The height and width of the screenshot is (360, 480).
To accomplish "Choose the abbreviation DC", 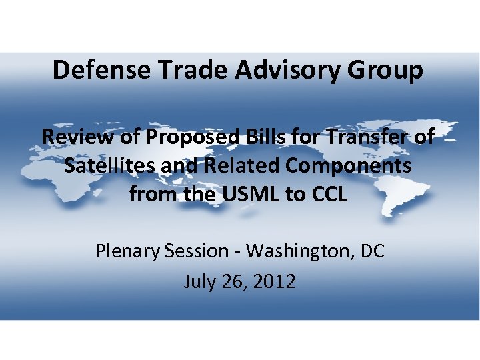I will tap(372, 251).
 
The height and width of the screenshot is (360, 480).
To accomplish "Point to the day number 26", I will tap(234, 281).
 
